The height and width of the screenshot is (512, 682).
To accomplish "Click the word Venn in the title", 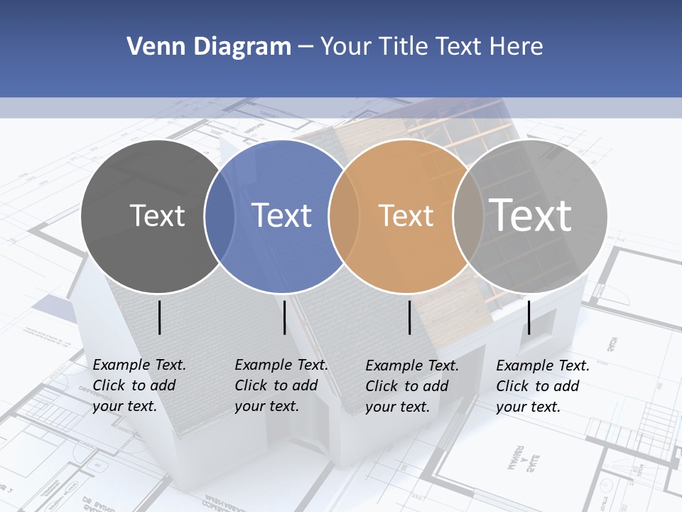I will point(150,47).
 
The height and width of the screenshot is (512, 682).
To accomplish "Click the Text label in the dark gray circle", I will point(157,215).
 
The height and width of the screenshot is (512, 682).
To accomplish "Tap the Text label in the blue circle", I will point(282,215).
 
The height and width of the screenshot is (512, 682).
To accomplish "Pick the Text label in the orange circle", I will point(406,215).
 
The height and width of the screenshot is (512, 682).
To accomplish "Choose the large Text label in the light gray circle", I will point(531,215).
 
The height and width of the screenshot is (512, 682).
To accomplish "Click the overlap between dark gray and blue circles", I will point(220,216).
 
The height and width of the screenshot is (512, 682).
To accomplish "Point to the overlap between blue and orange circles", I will point(344,216).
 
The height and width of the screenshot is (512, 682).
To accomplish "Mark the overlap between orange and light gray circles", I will point(468,216).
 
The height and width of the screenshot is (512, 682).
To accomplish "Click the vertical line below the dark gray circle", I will point(160,317).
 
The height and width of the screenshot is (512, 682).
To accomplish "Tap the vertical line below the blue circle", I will point(284,317).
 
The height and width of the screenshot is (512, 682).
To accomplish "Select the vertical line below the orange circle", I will point(410,317).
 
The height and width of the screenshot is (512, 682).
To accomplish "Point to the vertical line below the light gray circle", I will point(529,317).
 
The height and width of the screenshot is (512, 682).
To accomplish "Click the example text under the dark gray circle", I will point(139,385).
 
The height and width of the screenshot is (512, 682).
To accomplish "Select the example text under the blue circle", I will point(281,385).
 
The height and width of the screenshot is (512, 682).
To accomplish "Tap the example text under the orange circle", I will point(411,386).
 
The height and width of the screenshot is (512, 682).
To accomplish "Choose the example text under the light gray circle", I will point(542,386).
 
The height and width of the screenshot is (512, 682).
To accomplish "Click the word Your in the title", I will point(347,47).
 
